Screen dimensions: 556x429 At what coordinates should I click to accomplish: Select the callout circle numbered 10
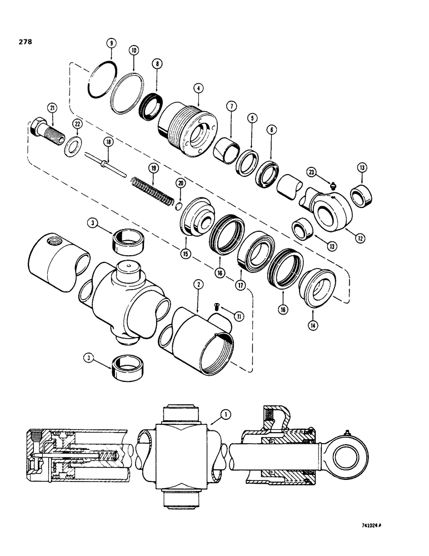click(x=133, y=50)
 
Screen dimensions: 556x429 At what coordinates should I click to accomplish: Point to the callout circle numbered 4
click(x=198, y=88)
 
